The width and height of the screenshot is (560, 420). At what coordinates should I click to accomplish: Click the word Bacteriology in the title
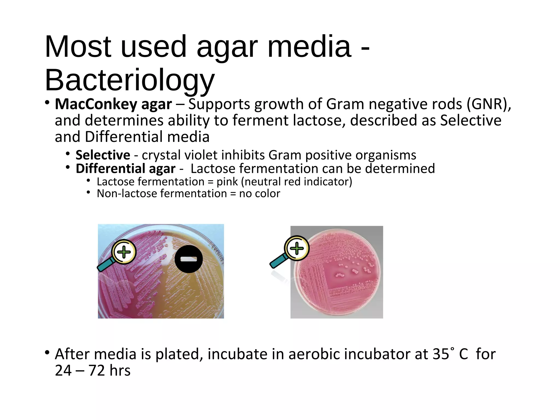pos(130,80)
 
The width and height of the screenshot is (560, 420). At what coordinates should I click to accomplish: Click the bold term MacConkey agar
pos(113,104)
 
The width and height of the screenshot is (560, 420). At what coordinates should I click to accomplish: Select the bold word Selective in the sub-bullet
pos(103,155)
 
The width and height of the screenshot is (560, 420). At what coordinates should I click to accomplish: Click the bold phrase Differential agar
pos(126,168)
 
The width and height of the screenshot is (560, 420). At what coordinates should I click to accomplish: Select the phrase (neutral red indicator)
pos(296,182)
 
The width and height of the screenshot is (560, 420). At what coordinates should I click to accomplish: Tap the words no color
pos(259,194)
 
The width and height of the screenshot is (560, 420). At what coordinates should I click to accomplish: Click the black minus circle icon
pos(189,259)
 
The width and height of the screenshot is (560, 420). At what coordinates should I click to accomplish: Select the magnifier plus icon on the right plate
pos(296,248)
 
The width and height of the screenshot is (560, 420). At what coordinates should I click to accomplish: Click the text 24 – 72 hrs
pos(92,371)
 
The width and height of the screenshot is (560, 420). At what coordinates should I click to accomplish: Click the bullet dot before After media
pos(47,352)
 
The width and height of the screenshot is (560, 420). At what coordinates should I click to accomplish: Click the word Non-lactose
pos(126,194)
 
